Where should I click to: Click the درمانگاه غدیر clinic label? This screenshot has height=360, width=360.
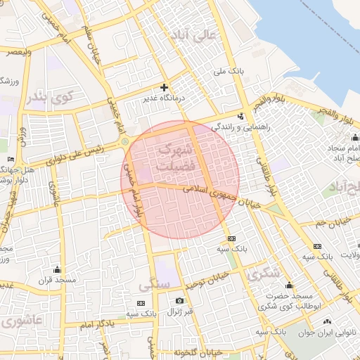tap(164, 100)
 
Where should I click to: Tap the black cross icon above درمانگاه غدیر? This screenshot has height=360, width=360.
tap(164, 88)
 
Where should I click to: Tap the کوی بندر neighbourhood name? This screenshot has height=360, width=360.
tap(48, 97)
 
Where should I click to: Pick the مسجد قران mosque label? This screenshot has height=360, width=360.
tap(57, 280)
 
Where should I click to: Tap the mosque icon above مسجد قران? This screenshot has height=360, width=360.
tap(57, 269)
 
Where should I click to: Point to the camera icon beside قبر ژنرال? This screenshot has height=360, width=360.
tap(179, 301)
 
